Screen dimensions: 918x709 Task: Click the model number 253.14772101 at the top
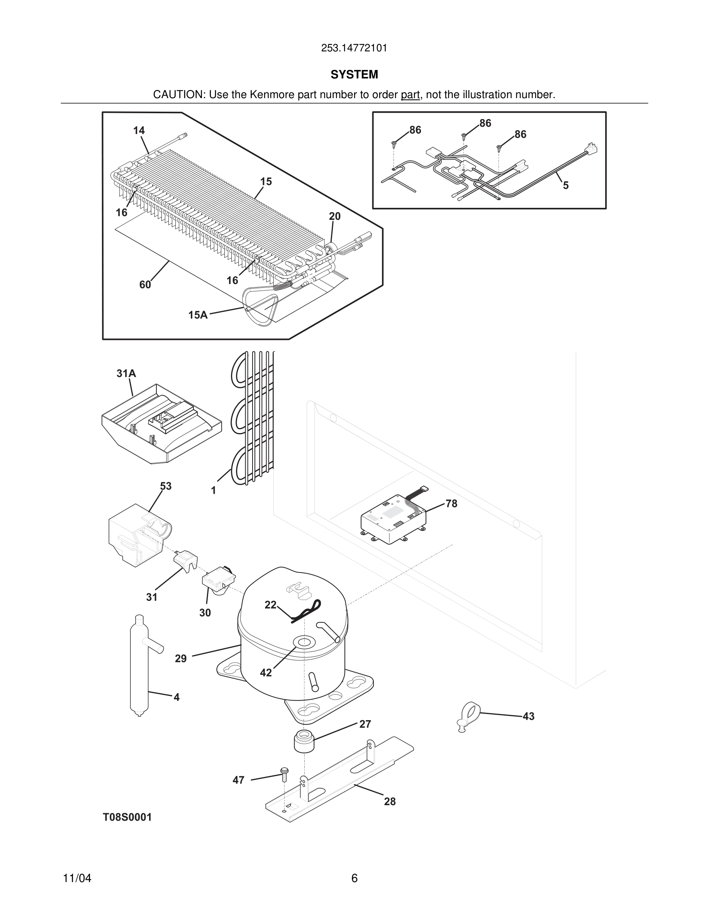[x=354, y=48]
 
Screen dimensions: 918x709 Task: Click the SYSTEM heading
[x=354, y=75]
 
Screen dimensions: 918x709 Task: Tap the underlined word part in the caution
[x=410, y=95]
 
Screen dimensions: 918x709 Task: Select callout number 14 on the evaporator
[x=139, y=131]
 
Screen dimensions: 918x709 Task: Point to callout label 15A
[x=198, y=315]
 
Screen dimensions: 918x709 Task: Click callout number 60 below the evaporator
[x=145, y=285]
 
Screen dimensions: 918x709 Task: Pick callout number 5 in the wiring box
[x=565, y=185]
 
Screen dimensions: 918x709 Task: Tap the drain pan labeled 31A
[x=162, y=425]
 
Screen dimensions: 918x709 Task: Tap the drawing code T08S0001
[x=127, y=817]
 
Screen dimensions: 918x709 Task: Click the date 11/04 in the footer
[x=77, y=879]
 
